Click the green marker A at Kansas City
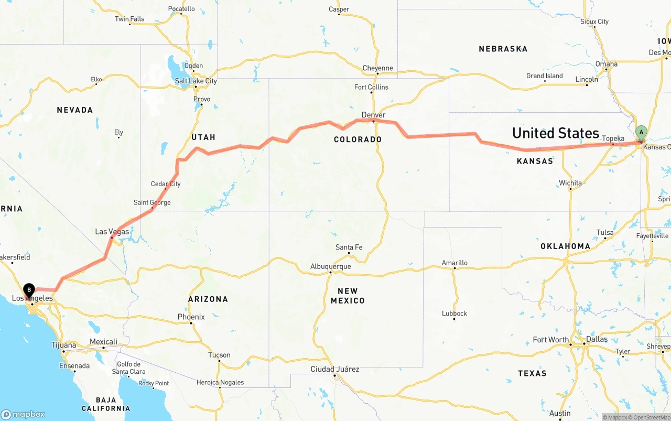coord(641,132)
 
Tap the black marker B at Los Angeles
coord(29,289)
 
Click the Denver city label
coord(373,115)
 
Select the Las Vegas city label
coord(112,231)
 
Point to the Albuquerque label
coord(330,266)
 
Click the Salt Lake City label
coord(196,81)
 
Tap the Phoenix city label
coord(191,317)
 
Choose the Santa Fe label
coord(349,247)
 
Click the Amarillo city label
coord(454,263)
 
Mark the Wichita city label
coord(570,183)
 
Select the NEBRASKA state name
coord(503,49)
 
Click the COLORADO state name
coord(358,139)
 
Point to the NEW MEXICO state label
coord(348,296)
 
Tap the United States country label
coord(555,133)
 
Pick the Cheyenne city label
coord(377,68)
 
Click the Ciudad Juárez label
coord(334,369)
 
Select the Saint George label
coord(152,202)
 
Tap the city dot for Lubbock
coord(454,319)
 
